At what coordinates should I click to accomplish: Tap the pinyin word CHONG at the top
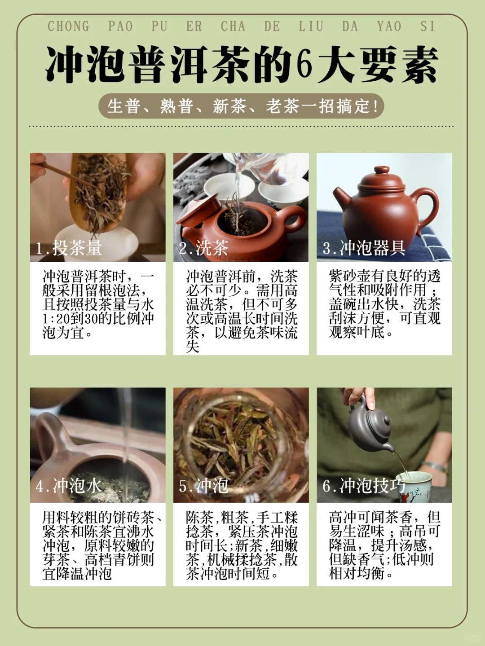point(68,26)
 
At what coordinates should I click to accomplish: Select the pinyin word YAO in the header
point(389,26)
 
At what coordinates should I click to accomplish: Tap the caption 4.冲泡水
point(69,485)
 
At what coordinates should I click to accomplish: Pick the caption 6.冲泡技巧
point(364,485)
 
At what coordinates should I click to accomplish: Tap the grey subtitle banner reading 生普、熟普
point(241,106)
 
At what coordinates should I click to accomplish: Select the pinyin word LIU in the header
point(311,26)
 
